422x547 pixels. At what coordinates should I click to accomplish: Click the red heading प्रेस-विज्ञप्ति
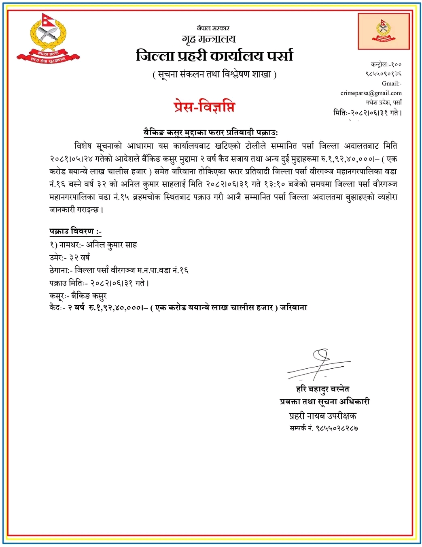click(x=204, y=107)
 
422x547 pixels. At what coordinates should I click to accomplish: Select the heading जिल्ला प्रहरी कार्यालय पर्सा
click(x=214, y=56)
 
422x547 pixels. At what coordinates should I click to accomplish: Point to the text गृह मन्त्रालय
click(x=209, y=39)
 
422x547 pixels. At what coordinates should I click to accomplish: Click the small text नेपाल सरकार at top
click(x=213, y=28)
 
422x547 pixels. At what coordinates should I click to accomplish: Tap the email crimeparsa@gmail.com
click(x=371, y=93)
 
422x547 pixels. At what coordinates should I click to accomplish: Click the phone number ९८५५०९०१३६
click(x=383, y=74)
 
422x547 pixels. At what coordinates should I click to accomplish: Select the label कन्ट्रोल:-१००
click(x=386, y=64)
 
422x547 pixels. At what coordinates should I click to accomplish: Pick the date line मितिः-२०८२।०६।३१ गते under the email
click(x=367, y=113)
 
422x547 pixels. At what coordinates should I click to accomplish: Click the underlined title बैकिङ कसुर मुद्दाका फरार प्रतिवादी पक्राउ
click(x=211, y=132)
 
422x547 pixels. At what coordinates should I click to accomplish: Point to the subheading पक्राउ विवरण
click(x=75, y=231)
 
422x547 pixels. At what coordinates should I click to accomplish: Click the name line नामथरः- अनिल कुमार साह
click(x=93, y=245)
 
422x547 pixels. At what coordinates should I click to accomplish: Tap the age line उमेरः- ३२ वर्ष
click(x=70, y=257)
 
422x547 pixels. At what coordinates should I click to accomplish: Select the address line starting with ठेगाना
click(x=119, y=270)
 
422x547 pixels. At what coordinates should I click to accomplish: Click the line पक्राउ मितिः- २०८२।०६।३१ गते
click(x=99, y=283)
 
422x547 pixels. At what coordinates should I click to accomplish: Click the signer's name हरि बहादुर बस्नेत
click(x=322, y=389)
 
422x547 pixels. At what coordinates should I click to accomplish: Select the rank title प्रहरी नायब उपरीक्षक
click(x=322, y=416)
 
